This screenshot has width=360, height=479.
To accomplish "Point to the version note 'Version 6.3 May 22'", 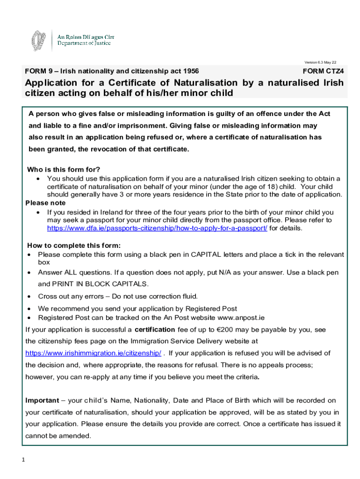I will [320, 62].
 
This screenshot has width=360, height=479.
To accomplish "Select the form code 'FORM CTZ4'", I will [323, 72].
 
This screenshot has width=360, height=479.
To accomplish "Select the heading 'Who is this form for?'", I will [64, 169].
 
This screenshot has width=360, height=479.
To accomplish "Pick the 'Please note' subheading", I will [45, 203].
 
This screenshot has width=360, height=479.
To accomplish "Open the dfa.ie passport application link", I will [157, 228].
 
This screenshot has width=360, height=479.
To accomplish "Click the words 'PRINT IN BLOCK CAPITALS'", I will [100, 284].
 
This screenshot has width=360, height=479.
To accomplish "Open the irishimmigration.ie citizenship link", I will [93, 353].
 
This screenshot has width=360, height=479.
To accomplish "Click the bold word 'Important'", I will [42, 400].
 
